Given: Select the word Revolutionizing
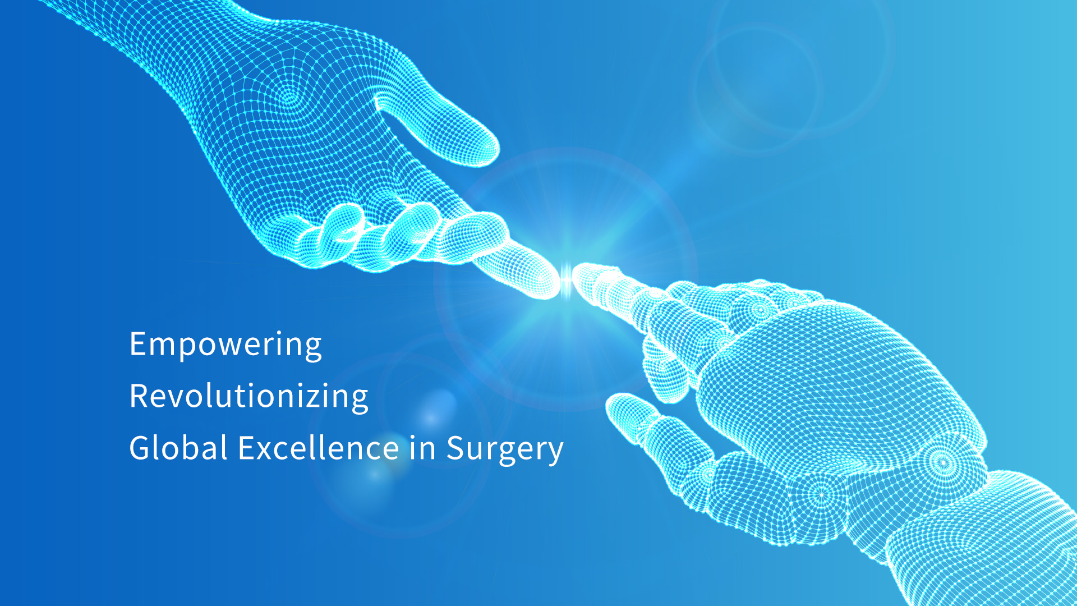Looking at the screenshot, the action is [249, 397].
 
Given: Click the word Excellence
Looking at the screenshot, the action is [319, 448].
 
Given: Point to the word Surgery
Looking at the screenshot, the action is [505, 449].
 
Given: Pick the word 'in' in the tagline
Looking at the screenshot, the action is [422, 448].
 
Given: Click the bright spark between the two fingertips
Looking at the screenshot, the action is [567, 279].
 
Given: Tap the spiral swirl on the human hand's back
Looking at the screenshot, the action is [288, 99].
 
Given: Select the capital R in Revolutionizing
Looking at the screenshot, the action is [139, 396].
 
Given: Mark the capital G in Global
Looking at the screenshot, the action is [141, 448].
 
